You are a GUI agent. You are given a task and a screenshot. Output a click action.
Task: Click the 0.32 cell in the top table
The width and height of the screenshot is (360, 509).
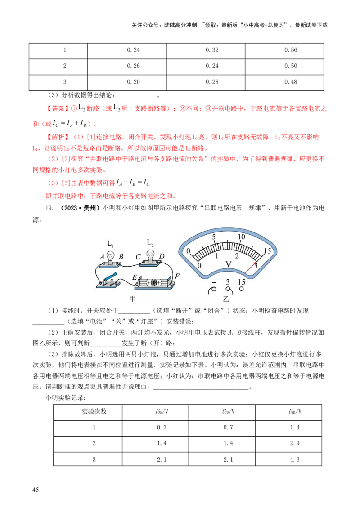(x=212, y=50)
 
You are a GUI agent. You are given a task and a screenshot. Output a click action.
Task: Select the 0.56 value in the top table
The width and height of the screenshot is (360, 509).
(x=291, y=50)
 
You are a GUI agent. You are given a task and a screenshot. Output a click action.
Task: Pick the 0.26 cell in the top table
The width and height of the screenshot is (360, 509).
(x=134, y=66)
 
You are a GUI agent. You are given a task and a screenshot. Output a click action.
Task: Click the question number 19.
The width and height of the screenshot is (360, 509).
(x=49, y=208)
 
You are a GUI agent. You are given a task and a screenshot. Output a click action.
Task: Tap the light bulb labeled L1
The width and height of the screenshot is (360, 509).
(x=111, y=257)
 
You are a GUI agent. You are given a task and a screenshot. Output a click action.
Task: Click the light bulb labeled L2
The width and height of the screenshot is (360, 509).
(x=150, y=255)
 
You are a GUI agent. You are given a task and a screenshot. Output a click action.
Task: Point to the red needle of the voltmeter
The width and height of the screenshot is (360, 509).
(x=251, y=268)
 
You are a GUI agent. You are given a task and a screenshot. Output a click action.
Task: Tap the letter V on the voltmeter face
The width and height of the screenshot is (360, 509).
(x=229, y=264)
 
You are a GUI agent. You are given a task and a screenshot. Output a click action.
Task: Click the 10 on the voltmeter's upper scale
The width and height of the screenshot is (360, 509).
(x=241, y=237)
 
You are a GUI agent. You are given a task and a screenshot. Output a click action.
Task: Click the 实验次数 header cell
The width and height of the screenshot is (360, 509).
(x=94, y=411)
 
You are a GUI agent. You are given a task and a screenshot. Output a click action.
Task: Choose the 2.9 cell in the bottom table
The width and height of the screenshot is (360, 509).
(x=295, y=443)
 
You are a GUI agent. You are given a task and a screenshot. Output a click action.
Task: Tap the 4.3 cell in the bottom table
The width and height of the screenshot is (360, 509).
(x=295, y=460)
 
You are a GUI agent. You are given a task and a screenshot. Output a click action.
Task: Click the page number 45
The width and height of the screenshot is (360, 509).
(x=36, y=490)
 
